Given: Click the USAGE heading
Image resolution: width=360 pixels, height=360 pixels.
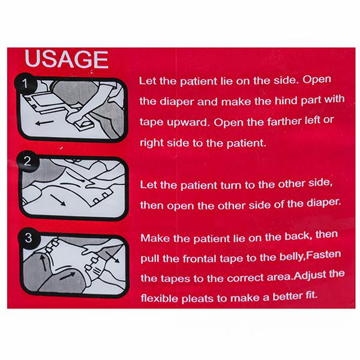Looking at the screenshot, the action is coord(67,59).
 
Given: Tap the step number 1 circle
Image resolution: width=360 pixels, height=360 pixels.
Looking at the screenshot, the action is coord(25,83).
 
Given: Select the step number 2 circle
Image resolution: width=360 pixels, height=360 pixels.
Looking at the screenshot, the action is coord(28,161).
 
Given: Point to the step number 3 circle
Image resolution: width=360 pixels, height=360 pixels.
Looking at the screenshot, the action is coord(28,238).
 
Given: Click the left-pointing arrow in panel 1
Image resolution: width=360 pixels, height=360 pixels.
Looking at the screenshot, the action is coord(44,123).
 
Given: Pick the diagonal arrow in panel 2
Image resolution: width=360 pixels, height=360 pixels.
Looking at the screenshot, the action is coord(58,200).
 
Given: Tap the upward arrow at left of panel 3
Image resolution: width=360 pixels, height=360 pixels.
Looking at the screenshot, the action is coord(43,262).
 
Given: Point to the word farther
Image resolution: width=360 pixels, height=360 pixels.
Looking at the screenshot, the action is coord(284,121).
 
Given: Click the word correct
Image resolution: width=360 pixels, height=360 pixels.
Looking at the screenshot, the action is coord(245,278).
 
